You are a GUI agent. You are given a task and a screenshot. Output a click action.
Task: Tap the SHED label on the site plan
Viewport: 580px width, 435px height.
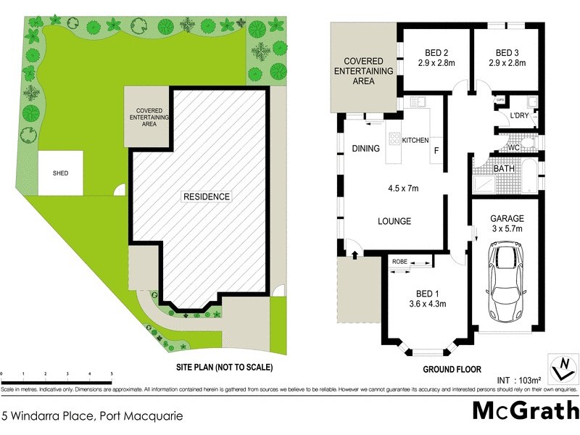(60, 173)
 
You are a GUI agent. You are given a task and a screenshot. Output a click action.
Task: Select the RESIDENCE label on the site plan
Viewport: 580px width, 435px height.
(206, 196)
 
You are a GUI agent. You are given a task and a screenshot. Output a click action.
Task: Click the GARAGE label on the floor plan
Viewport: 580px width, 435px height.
(507, 217)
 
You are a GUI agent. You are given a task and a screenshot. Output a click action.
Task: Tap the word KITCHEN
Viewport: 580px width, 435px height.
(415, 140)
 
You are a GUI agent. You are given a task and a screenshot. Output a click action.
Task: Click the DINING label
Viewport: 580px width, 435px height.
(365, 149)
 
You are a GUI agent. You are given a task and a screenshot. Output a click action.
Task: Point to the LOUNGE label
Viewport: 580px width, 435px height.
(394, 221)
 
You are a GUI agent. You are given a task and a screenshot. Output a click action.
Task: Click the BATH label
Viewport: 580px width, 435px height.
(504, 169)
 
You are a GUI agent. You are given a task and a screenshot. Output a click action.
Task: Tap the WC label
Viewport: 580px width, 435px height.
(514, 148)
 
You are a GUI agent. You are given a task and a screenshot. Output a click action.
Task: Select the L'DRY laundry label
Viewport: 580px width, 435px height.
(519, 115)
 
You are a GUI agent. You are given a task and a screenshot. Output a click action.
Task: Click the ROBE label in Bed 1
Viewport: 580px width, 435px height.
(399, 262)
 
